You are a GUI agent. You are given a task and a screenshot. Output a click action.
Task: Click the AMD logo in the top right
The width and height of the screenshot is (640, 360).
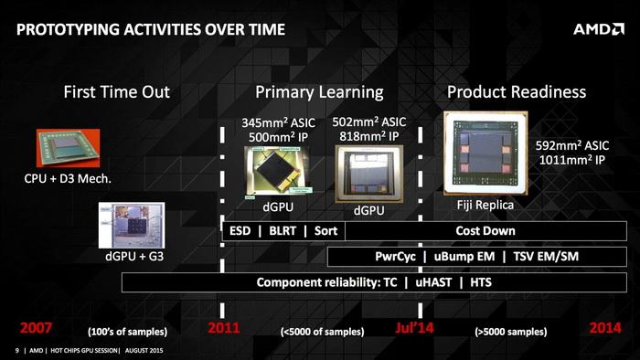pos(599,29)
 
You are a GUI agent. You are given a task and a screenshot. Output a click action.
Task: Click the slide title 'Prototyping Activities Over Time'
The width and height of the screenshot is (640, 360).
pos(151,29)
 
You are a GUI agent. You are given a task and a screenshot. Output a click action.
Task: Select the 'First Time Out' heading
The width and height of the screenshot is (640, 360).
pos(116,92)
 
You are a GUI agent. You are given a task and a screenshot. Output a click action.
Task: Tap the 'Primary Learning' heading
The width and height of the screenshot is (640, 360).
pos(319,92)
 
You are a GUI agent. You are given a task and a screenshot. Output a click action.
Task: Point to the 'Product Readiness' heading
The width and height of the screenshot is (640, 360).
pos(516,92)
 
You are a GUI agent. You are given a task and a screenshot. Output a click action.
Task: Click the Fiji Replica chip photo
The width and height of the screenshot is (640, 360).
pos(485,153)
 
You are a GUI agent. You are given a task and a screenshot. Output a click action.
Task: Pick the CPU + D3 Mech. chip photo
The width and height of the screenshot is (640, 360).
pos(66,147)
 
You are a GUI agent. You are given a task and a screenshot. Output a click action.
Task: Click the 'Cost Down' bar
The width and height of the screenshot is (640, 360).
pos(485,231)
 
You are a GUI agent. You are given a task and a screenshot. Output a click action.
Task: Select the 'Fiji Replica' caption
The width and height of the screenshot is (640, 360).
pos(485,206)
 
